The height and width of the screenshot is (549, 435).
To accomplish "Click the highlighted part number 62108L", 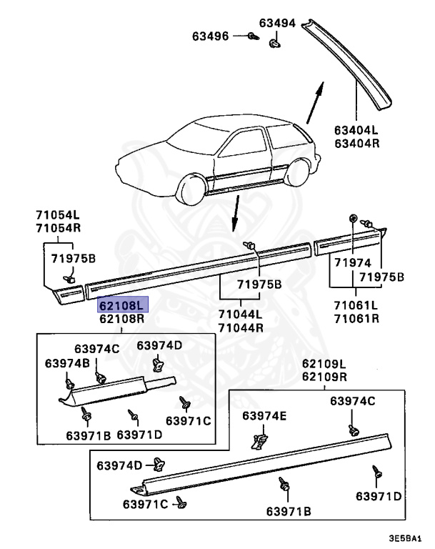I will coord(122,304).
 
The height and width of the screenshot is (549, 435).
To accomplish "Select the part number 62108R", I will coord(122,318).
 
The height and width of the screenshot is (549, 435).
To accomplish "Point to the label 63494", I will coord(277,23).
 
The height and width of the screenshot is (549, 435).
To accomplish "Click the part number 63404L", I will coord(354,131).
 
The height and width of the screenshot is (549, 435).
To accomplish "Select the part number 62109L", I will coord(324,364).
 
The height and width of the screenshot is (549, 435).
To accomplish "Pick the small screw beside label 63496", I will coord(252,36).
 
